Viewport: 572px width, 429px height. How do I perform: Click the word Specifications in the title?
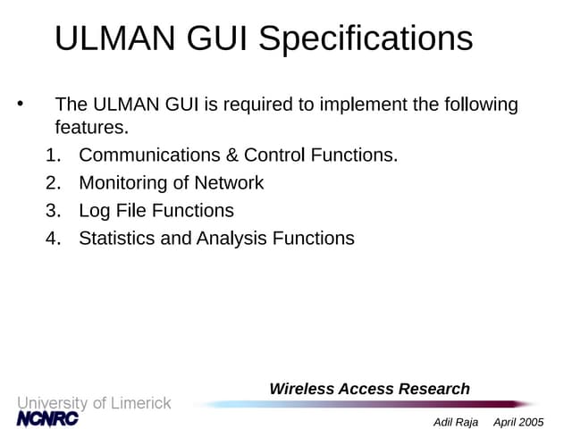[x=366, y=39]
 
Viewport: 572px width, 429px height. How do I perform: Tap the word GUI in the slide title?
[x=217, y=38]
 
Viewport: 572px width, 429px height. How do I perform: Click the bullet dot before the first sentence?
[x=20, y=104]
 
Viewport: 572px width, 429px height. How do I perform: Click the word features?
[x=92, y=127]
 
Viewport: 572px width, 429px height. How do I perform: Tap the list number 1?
[x=54, y=155]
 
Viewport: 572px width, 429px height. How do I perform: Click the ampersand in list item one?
[x=231, y=155]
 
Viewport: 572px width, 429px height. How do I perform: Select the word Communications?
[x=149, y=155]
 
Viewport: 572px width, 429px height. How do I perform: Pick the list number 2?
[x=54, y=182]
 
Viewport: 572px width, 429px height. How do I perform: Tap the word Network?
[x=229, y=182]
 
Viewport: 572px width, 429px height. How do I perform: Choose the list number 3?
[x=54, y=211]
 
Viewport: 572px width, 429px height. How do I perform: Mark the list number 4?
[x=54, y=239]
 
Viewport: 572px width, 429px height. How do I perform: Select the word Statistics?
[x=117, y=239]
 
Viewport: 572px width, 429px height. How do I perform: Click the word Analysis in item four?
[x=231, y=239]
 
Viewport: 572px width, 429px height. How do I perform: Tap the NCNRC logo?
[x=47, y=418]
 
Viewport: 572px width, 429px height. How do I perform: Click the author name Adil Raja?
[x=456, y=422]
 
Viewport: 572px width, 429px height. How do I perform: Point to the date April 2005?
[x=518, y=422]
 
